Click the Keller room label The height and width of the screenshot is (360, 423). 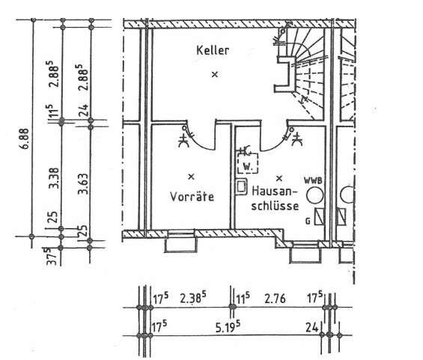pos(212,51)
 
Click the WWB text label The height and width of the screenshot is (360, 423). pos(312,181)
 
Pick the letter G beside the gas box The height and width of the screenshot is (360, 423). pos(308,222)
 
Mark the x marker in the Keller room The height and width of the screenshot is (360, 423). pos(214,74)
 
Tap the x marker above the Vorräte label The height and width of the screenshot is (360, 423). pos(191,177)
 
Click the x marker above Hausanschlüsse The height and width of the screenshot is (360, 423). pos(279,178)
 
